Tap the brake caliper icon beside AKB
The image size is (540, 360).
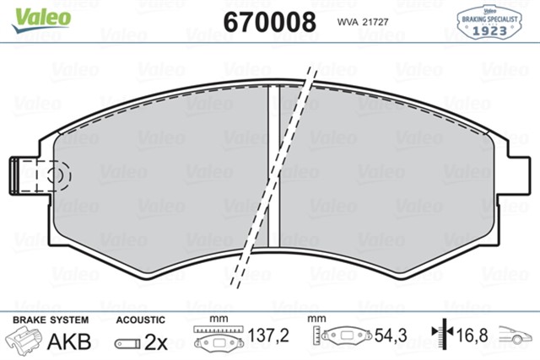[26, 341]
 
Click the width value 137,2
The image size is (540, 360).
[272, 336]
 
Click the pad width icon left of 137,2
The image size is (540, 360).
[217, 338]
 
